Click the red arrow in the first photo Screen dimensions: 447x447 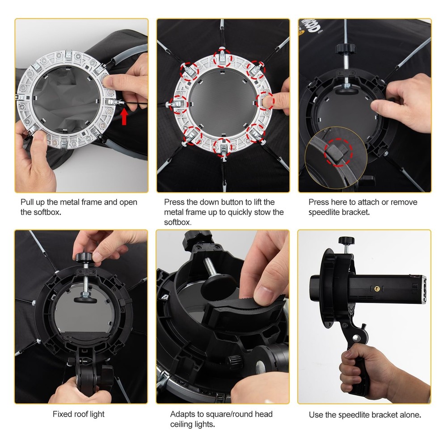tap(124, 117)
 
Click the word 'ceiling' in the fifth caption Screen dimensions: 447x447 tap(183, 424)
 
